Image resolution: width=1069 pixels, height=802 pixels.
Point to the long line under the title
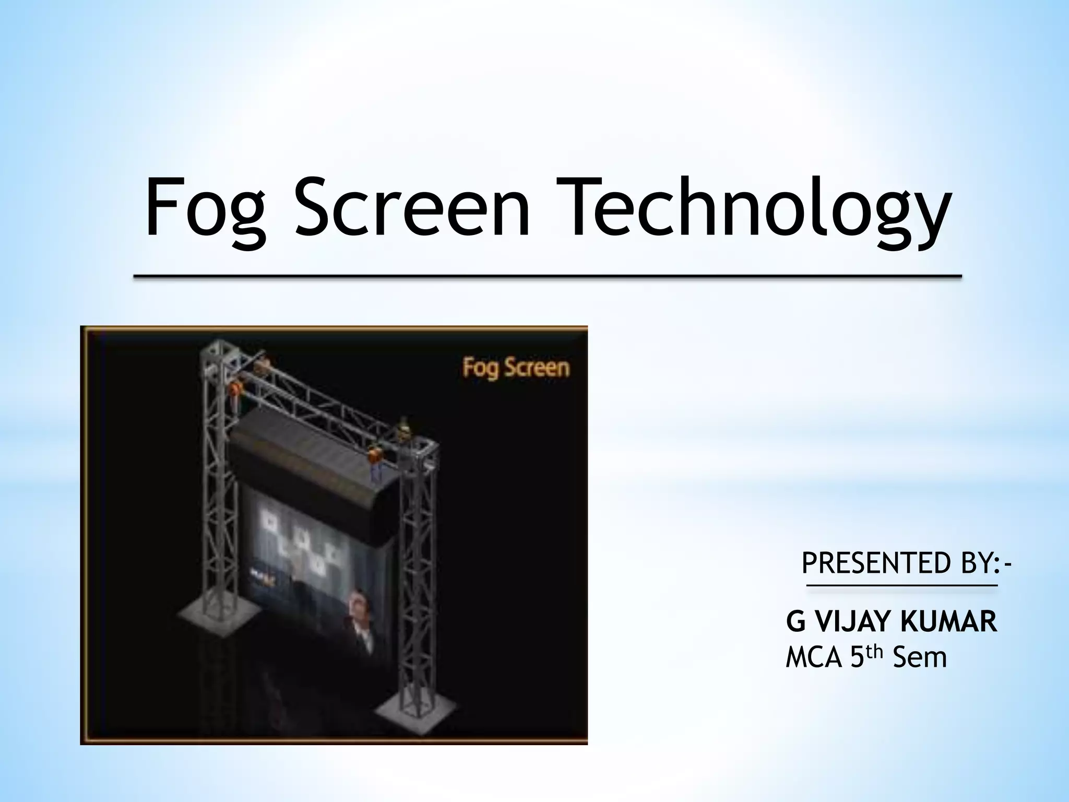point(547,276)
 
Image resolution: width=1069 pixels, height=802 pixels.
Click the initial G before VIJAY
point(795,622)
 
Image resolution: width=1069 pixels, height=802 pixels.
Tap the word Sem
point(920,657)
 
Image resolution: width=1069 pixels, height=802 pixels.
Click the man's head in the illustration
point(357,603)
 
